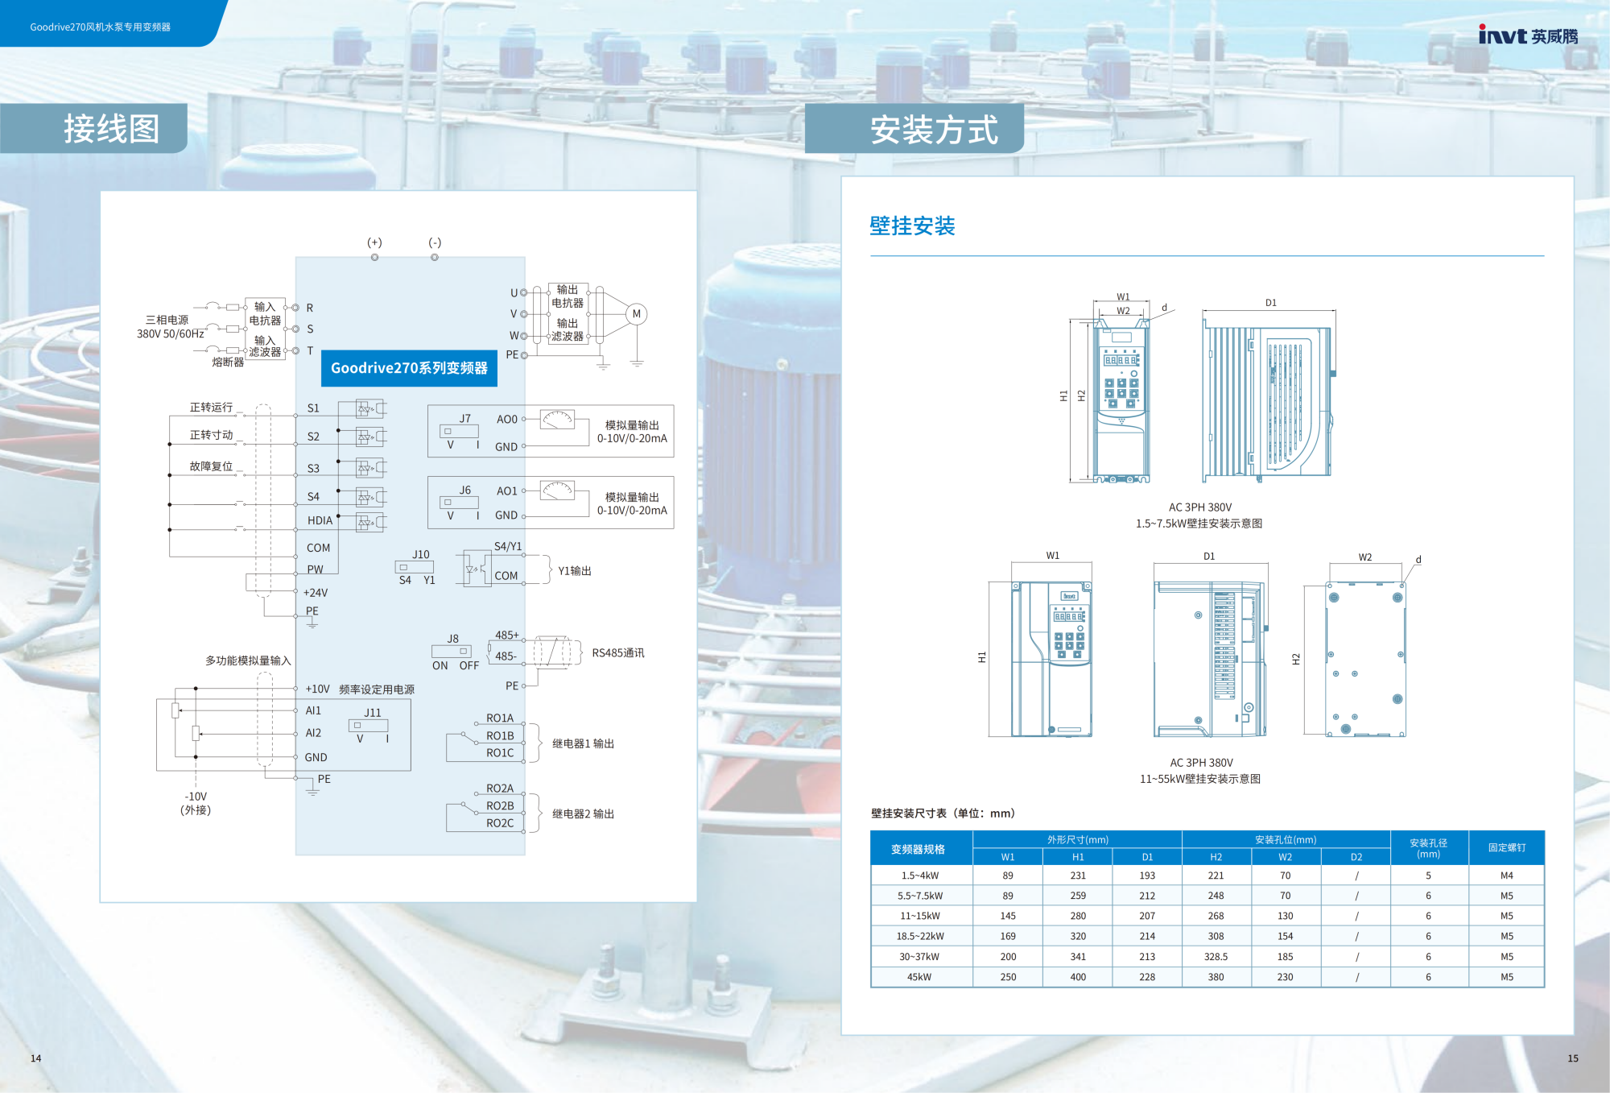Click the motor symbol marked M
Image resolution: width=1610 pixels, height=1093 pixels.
637,314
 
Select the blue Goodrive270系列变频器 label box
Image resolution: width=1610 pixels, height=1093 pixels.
409,368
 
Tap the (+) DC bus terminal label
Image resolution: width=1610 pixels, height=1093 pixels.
374,242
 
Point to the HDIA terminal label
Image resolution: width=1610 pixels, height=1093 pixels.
320,520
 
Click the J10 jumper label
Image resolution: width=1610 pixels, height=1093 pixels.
421,555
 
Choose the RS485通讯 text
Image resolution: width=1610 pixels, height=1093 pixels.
618,653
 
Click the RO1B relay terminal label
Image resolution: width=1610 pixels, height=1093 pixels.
500,735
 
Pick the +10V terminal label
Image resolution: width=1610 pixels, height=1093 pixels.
317,689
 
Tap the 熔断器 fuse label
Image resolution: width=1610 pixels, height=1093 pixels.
228,362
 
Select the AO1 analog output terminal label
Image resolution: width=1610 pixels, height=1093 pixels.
507,491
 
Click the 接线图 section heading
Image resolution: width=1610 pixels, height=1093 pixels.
111,129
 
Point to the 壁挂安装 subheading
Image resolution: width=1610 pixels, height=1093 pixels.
912,226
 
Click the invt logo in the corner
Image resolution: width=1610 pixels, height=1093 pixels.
1528,35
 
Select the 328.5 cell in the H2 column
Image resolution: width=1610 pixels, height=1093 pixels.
1216,957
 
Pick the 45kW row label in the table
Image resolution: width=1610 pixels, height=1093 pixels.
919,977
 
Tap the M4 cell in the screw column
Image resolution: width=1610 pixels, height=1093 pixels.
1507,876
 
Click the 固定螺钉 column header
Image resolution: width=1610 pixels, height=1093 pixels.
1507,847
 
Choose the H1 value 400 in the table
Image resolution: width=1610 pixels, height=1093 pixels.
1078,977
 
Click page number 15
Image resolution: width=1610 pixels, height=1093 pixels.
1573,1058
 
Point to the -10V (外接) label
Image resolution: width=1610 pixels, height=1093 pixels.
196,803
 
